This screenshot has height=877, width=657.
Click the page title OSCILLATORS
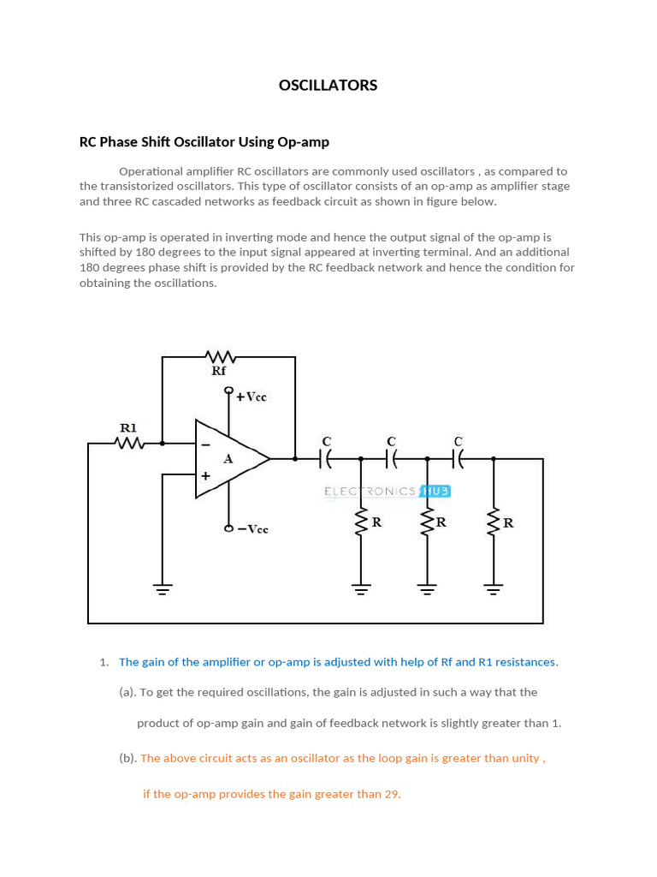pos(328,86)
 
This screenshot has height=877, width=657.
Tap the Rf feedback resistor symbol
pos(220,356)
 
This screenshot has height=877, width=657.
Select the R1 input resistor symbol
pos(129,444)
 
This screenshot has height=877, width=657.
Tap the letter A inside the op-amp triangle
pos(228,459)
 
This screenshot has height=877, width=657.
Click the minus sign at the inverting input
pos(205,444)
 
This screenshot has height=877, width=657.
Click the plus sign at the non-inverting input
pos(205,475)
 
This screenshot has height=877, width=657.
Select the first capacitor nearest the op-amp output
pos(326,460)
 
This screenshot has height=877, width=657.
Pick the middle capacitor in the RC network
pos(392,460)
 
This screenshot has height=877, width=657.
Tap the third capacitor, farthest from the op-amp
pos(458,460)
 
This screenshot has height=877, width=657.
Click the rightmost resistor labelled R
pos(494,522)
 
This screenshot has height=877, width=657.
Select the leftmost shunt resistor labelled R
pos(361,522)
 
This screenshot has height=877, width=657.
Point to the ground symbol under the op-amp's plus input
pos(162,588)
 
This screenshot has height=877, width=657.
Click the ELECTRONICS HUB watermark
pos(387,492)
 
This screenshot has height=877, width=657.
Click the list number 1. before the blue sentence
pos(104,662)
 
